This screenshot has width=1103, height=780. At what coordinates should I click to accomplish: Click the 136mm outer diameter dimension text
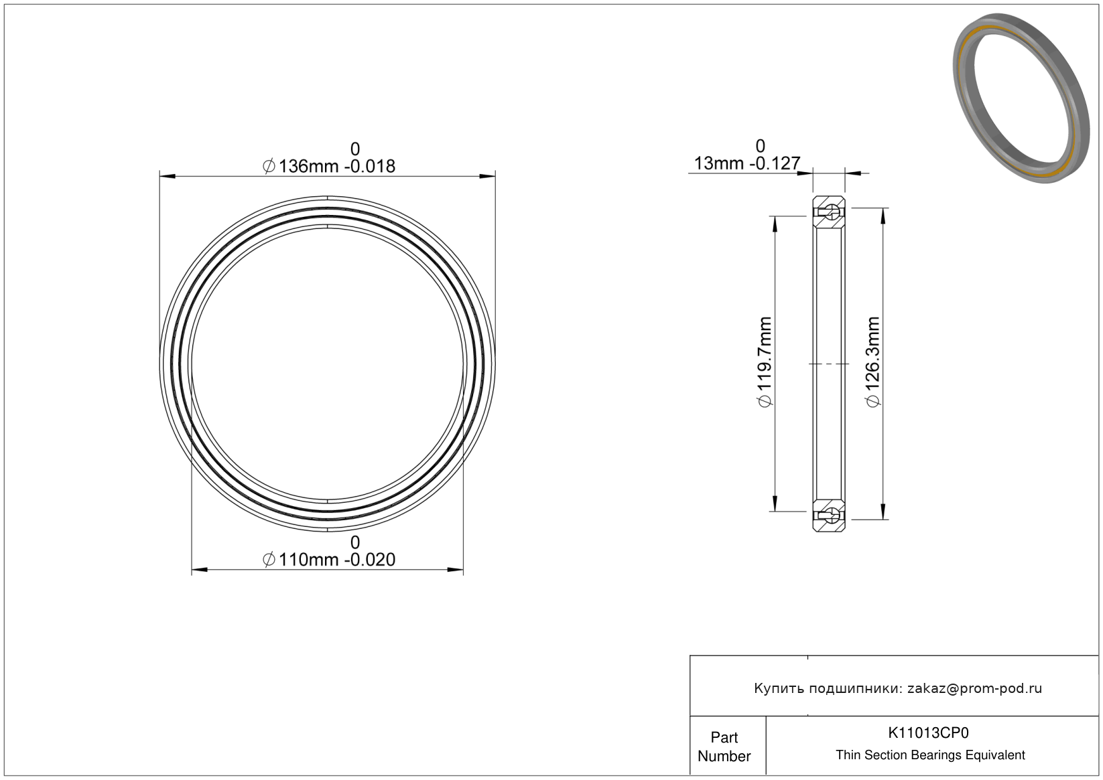tap(329, 166)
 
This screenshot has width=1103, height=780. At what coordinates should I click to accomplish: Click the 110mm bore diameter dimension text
tap(329, 560)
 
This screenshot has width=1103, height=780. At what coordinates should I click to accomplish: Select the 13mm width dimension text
tap(747, 163)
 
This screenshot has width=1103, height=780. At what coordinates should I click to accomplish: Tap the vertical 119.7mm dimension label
tap(765, 362)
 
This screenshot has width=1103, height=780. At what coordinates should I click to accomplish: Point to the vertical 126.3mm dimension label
tap(873, 362)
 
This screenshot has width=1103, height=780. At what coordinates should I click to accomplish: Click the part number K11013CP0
tap(928, 732)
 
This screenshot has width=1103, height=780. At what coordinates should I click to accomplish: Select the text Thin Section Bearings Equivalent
tap(930, 755)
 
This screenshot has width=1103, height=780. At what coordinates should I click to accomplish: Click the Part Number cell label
tap(724, 747)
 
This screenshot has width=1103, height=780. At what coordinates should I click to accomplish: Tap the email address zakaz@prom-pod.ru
tap(974, 688)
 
